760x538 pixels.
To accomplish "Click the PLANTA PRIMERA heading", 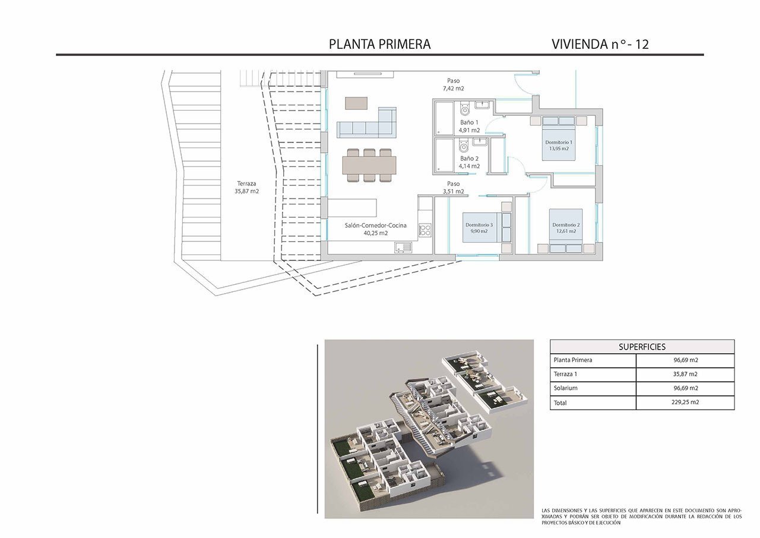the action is coord(379,44).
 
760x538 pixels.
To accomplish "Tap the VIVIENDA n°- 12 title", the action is coord(600,44).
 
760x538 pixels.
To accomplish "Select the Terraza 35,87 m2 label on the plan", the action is coord(246,187).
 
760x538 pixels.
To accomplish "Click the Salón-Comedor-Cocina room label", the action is coord(376,229).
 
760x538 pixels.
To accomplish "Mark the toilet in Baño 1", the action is coord(465,108).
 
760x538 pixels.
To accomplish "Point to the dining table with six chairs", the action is coord(369,165).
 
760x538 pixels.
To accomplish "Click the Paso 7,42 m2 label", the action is coord(453,84).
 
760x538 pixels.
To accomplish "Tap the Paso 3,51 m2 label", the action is coord(453,187).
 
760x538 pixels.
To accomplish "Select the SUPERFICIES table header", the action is coord(642,347).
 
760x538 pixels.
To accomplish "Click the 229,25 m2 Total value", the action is coord(685,402).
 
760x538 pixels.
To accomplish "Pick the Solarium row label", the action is coord(566,388).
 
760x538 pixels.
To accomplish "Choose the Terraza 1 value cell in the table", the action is coord(685,375).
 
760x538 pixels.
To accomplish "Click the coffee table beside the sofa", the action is coord(356,103).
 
